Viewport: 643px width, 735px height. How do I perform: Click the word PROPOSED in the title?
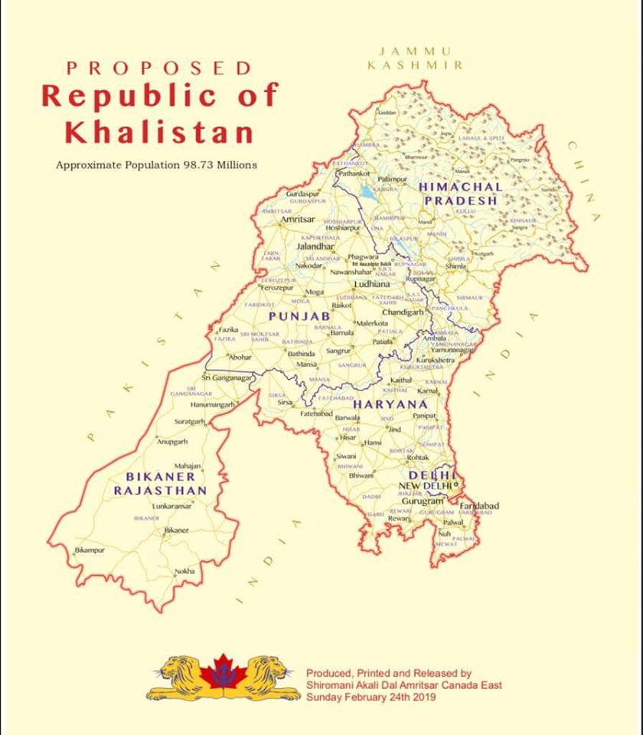coord(158,68)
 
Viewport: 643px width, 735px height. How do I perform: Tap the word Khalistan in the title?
coord(159,132)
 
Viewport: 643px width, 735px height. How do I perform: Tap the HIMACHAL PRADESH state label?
coord(460,193)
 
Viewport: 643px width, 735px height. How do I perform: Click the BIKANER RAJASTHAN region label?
coord(160,483)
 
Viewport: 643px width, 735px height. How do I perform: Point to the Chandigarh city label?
coord(403,312)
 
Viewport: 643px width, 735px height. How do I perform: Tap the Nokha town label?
coord(184,571)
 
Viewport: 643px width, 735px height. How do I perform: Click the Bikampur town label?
coord(90,550)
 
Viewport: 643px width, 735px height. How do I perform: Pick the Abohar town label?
coord(239,357)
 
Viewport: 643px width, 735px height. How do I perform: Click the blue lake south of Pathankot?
coord(368,194)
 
